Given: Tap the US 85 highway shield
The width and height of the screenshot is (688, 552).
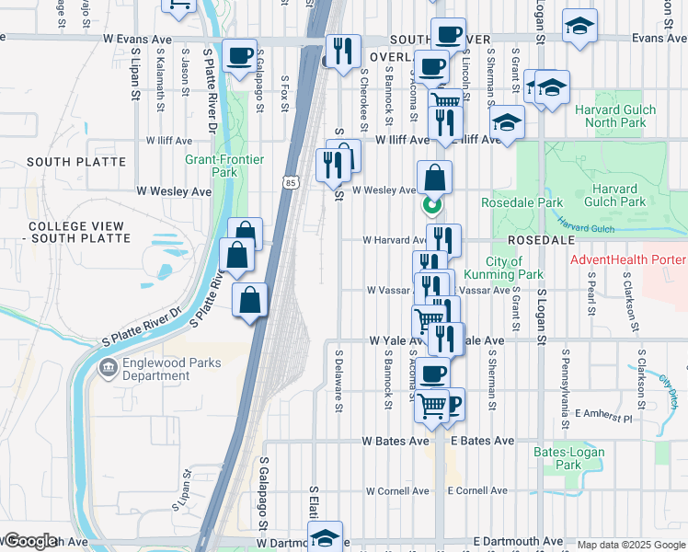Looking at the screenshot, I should (290, 182).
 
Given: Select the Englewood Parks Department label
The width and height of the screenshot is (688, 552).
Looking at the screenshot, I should (170, 369).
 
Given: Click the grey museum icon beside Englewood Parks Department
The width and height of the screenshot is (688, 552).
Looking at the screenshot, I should (108, 368).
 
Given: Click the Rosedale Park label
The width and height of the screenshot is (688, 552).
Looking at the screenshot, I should (522, 202).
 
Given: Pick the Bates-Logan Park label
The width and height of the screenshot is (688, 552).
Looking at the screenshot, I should (557, 458).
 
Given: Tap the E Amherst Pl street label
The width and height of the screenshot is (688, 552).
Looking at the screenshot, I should (603, 417).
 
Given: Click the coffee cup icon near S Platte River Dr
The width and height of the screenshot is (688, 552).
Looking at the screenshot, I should (239, 55).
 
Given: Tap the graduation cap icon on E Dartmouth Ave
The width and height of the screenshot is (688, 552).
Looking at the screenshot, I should (325, 538).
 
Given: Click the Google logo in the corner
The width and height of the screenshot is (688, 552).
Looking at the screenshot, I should (29, 542).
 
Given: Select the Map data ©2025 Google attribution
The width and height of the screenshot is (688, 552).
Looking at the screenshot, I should (629, 545).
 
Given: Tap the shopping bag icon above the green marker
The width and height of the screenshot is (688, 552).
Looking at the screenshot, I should (434, 177).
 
